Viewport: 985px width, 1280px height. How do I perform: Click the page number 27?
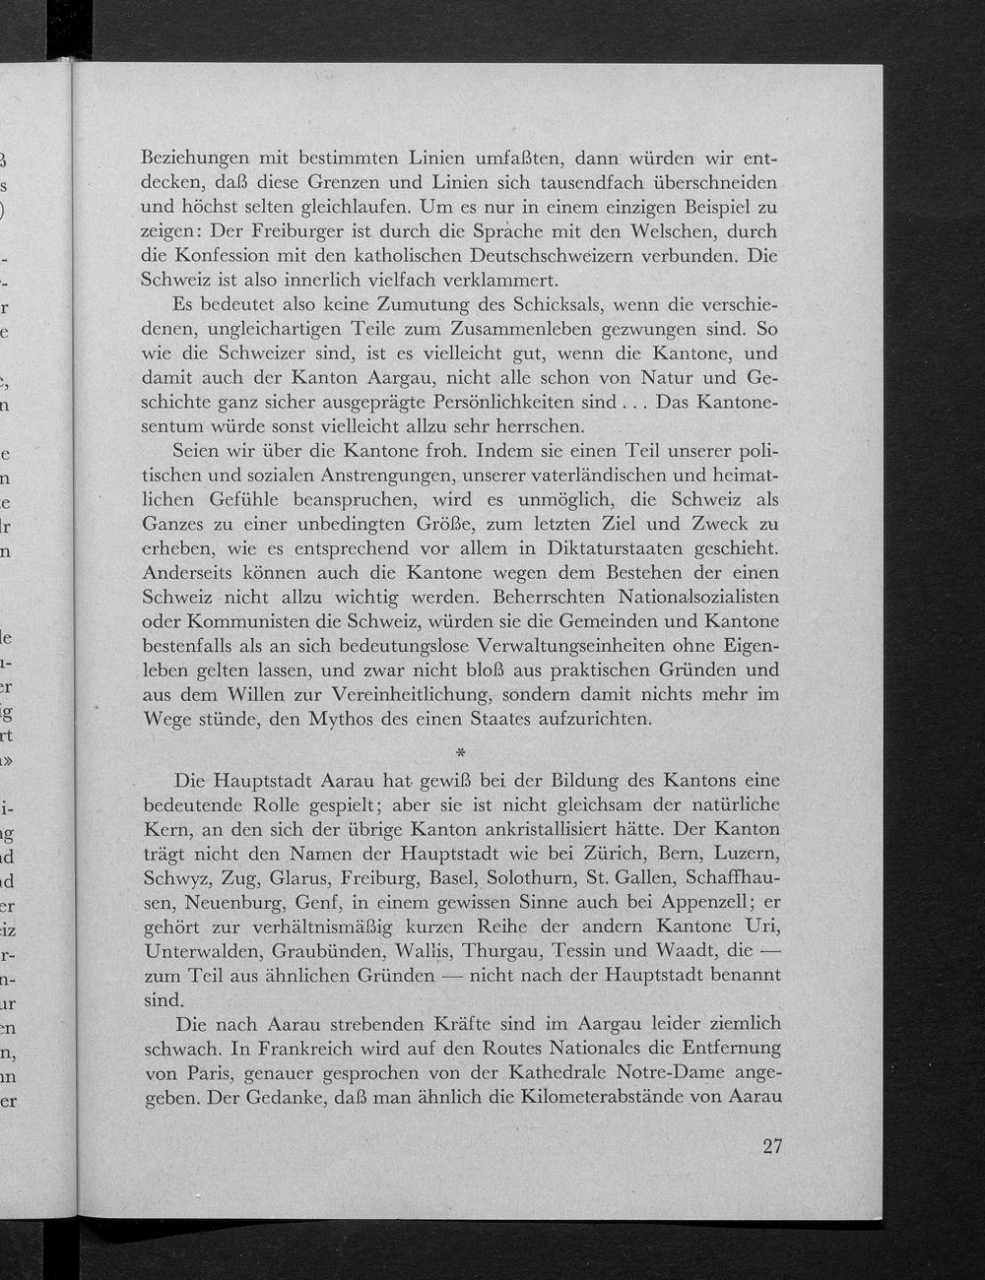(771, 1146)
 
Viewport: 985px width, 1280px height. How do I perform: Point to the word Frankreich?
(277, 1049)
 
